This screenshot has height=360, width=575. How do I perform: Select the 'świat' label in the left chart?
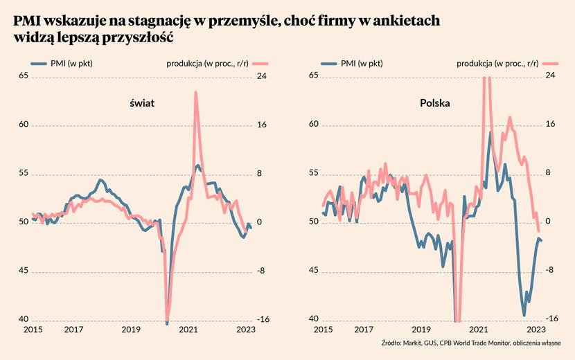point(141,103)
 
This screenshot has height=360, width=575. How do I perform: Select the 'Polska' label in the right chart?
point(435,103)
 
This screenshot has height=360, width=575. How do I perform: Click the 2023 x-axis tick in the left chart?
point(245,330)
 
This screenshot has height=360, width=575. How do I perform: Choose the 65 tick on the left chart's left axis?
point(23,76)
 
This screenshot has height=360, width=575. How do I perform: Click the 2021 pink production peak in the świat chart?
point(195,93)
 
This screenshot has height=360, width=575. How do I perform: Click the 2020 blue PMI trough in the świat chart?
point(167,323)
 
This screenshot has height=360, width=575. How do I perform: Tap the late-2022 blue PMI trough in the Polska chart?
point(524,315)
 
